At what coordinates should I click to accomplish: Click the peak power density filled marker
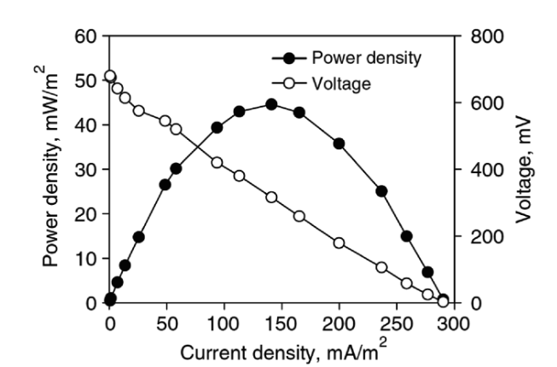click(x=271, y=104)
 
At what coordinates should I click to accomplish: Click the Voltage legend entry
click(x=341, y=84)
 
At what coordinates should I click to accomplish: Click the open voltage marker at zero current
click(x=110, y=77)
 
